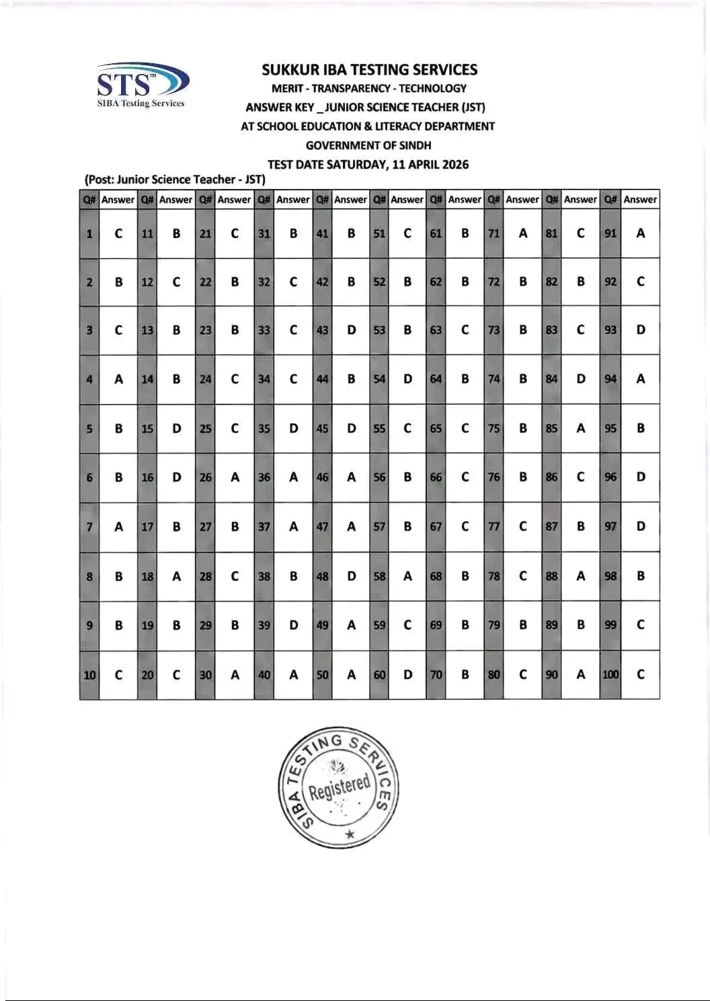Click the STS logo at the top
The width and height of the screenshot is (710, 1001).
click(143, 81)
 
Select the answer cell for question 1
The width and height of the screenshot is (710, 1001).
click(119, 234)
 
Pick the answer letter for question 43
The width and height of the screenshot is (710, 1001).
click(351, 330)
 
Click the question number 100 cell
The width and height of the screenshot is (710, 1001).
click(610, 674)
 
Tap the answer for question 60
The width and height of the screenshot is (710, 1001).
click(407, 674)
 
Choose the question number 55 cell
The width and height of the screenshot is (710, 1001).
click(380, 428)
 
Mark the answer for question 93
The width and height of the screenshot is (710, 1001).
click(640, 330)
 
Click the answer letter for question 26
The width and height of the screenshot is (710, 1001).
click(235, 477)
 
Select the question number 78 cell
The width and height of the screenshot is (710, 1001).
click(494, 576)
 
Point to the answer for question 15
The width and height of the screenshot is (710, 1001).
click(176, 428)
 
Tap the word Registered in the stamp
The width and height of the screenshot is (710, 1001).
click(340, 787)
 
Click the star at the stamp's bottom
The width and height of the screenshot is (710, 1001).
click(348, 834)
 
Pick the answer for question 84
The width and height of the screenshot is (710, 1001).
click(581, 379)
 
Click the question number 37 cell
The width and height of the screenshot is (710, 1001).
click(264, 527)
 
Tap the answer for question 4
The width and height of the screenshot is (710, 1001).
click(119, 379)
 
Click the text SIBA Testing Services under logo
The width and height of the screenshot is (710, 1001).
click(141, 104)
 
